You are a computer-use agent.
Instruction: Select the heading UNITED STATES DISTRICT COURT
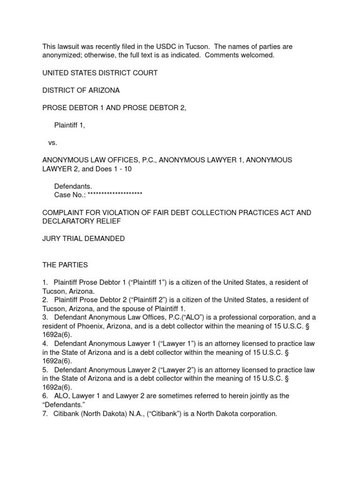point(100,73)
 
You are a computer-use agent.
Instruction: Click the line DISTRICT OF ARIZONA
point(81,90)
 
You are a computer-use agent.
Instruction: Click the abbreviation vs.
point(52,142)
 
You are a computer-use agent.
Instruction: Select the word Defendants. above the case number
point(73,187)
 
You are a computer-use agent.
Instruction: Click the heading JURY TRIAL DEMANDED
point(83,239)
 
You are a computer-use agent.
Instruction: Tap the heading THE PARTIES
point(65,265)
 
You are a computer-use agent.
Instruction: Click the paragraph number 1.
point(45,283)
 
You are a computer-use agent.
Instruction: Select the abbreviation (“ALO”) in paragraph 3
point(197,317)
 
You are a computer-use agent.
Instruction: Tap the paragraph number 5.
point(45,370)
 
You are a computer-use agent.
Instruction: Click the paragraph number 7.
point(45,414)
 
